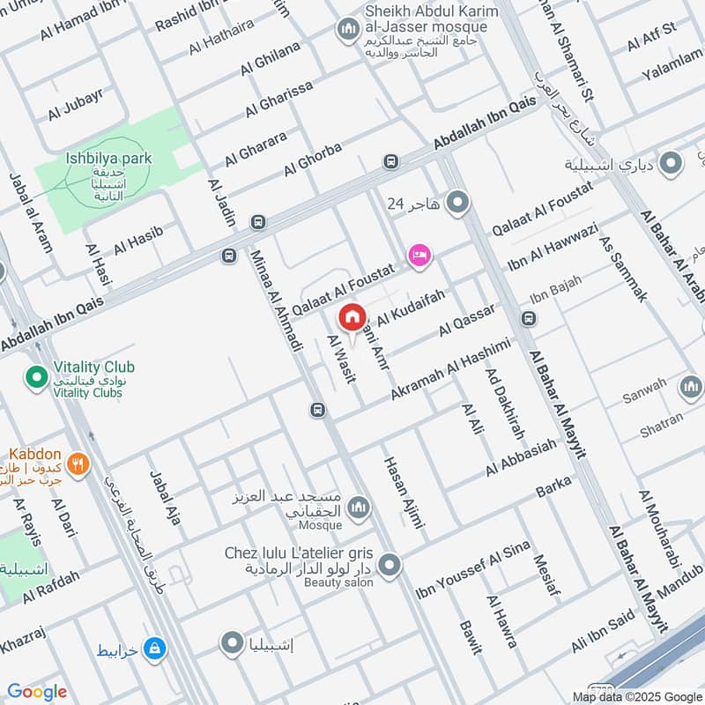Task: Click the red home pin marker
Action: click(352, 315)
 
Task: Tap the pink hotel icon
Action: click(419, 255)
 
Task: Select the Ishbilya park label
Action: click(108, 159)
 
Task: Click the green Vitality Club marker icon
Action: click(36, 378)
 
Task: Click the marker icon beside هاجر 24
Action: click(457, 204)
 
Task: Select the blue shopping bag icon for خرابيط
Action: click(155, 649)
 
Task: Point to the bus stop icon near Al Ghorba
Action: click(390, 162)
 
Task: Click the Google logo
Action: click(37, 692)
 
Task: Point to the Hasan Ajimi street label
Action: click(404, 493)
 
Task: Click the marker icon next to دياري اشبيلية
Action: click(672, 164)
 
